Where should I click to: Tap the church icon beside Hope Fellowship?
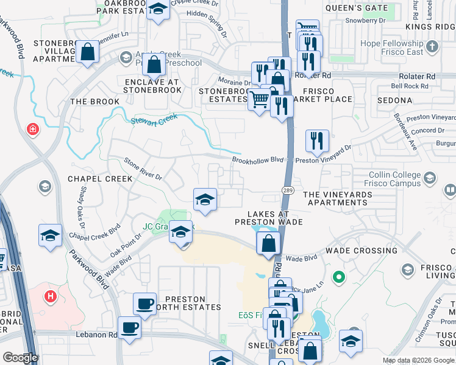pos(432,47)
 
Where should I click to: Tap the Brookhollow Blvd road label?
pos(258,160)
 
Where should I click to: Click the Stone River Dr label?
pos(143,169)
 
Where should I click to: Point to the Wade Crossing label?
pos(362,250)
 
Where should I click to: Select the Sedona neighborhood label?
pos(396,99)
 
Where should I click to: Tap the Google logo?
pos(20,358)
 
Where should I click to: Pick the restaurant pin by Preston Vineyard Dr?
pos(317,139)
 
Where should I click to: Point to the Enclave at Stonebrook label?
pos(152,85)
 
